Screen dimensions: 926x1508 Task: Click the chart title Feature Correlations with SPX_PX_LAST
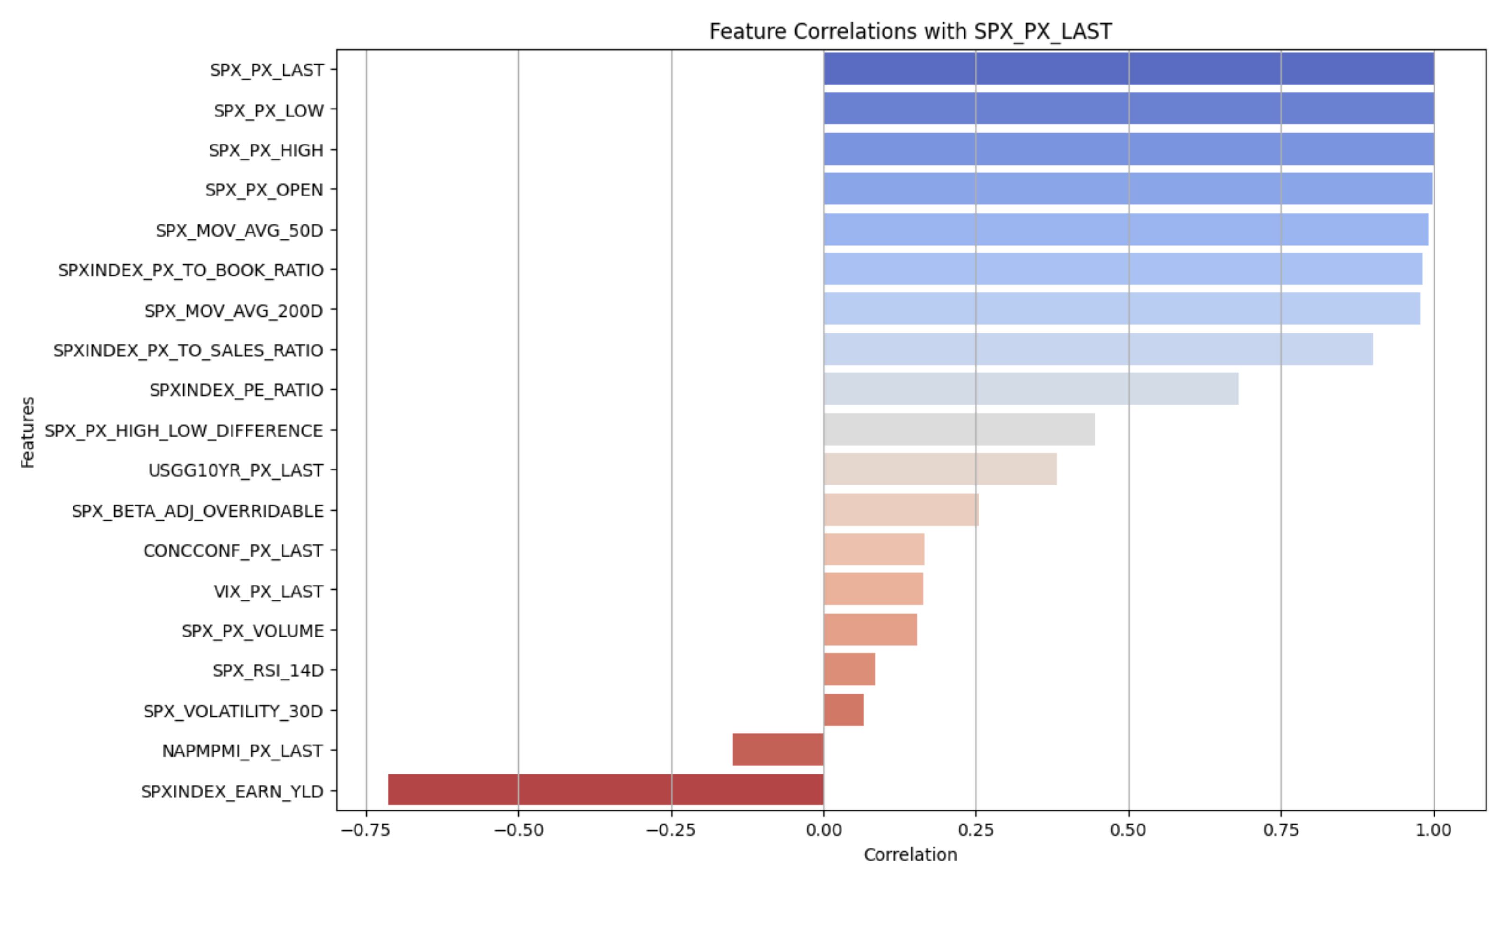pos(910,31)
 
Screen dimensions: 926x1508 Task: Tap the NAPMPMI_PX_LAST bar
pos(778,749)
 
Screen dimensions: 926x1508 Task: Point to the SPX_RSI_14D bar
pos(849,669)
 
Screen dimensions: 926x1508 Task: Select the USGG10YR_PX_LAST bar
pos(940,469)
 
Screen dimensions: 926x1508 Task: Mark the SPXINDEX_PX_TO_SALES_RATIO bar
pos(1098,349)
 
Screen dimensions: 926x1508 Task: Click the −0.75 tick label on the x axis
pos(366,831)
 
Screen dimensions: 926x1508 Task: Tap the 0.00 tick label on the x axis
pos(823,831)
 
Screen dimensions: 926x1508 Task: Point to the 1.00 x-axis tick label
pos(1433,831)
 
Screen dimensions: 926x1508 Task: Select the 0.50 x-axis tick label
pos(1128,831)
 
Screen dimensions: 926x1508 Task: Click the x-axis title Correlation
pos(910,855)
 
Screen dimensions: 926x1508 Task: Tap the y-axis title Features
pos(28,433)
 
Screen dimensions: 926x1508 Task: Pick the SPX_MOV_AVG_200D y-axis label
pos(233,311)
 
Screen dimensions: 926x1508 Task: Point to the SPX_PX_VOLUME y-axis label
pos(253,631)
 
